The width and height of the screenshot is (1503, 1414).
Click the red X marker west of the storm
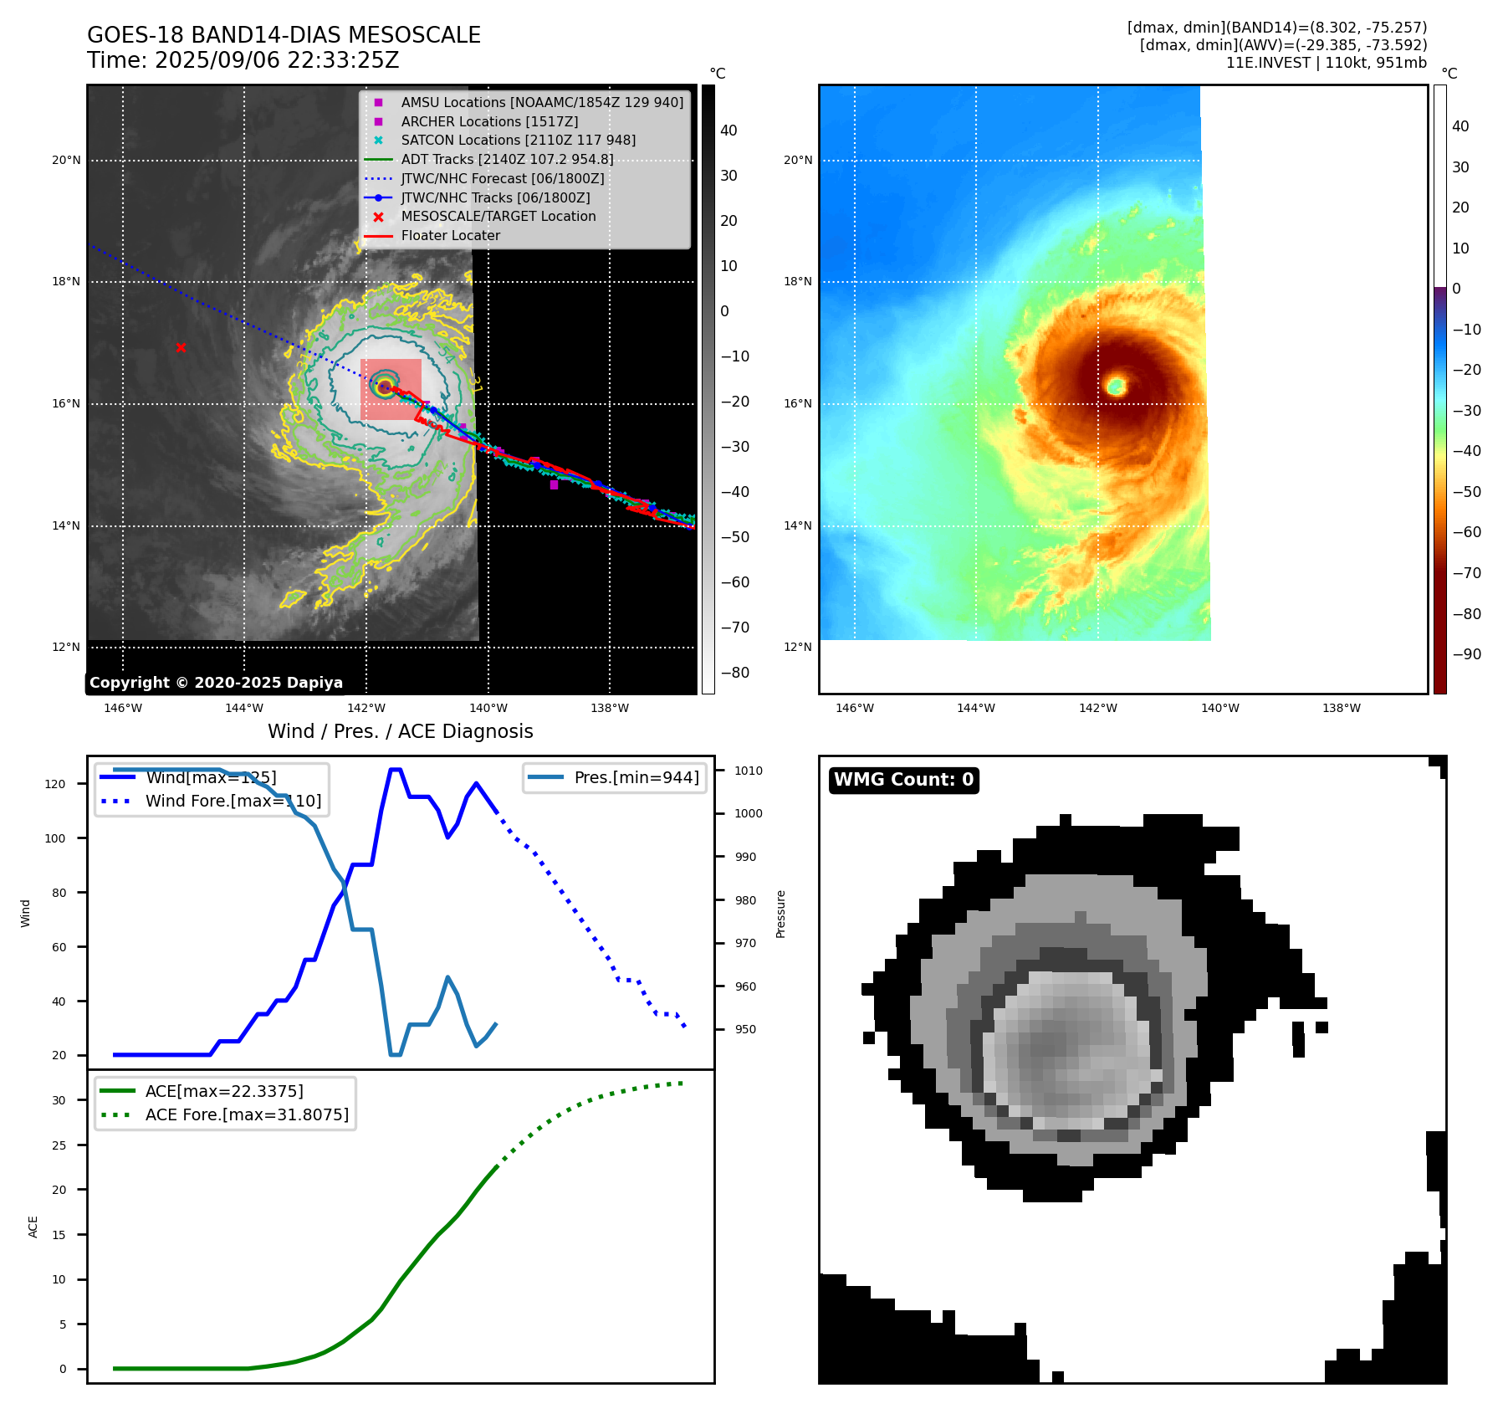[181, 347]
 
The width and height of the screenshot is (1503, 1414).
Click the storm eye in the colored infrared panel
[1116, 386]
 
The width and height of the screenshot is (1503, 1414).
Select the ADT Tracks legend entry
[507, 159]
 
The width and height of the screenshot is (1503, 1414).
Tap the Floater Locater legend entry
[450, 235]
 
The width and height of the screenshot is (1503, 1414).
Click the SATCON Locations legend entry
[518, 140]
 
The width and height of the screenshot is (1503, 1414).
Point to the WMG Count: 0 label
[903, 780]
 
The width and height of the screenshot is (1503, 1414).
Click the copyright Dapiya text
[216, 683]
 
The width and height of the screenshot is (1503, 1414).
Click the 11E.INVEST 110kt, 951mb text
[1326, 63]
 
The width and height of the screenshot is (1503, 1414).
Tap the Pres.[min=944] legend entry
[636, 777]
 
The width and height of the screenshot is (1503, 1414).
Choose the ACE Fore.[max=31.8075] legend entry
[247, 1114]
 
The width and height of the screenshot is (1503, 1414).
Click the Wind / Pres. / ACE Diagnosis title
[400, 731]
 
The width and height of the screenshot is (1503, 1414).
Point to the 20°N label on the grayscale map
[66, 160]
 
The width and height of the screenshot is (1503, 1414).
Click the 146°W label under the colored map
[854, 708]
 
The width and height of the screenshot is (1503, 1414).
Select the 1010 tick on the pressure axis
[749, 771]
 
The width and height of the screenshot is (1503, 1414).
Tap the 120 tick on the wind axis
[55, 784]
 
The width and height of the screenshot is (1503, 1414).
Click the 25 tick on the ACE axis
[59, 1145]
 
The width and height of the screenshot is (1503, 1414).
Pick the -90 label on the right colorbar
[1466, 654]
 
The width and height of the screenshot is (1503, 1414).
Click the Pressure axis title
[780, 914]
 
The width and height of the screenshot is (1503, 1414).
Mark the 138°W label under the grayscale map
[610, 708]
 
